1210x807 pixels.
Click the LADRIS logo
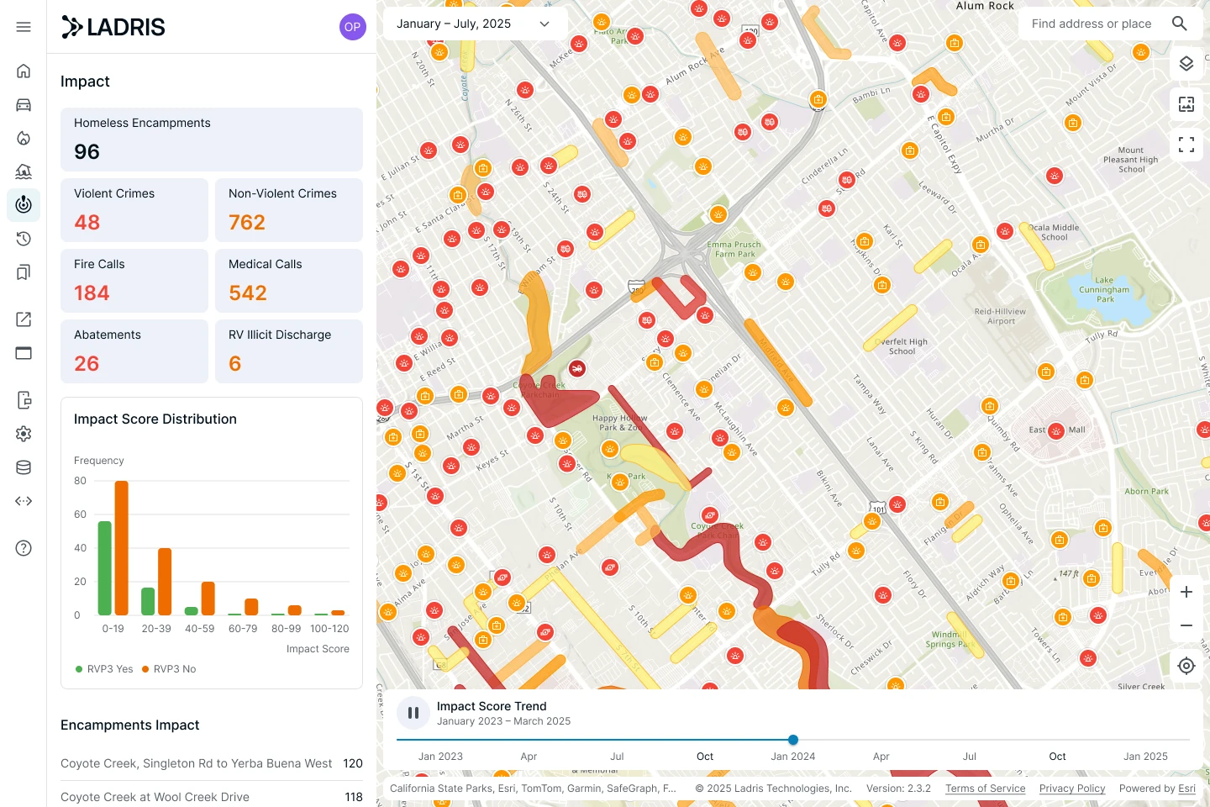click(113, 27)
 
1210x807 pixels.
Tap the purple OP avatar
click(352, 27)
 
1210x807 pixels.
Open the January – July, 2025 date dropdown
click(472, 24)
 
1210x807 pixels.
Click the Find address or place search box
click(1092, 24)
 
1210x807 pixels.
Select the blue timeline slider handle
click(793, 740)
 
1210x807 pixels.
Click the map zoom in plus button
click(1186, 592)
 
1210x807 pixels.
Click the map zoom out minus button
click(1186, 625)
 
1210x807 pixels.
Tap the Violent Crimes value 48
click(87, 222)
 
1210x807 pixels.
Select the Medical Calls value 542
click(248, 293)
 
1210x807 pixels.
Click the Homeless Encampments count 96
click(87, 151)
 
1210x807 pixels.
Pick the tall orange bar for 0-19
click(122, 547)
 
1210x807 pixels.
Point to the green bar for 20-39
click(148, 601)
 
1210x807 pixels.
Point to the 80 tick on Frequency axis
click(81, 481)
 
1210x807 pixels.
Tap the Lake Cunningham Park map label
click(1104, 290)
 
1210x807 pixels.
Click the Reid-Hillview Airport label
click(1000, 316)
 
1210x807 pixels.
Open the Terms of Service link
click(985, 789)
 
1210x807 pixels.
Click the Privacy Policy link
click(1072, 789)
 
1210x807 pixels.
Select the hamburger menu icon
click(24, 27)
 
